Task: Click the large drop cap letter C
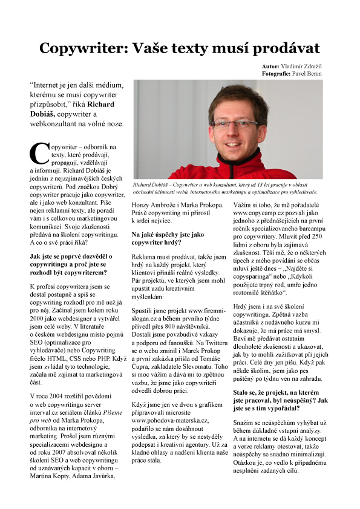38,154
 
